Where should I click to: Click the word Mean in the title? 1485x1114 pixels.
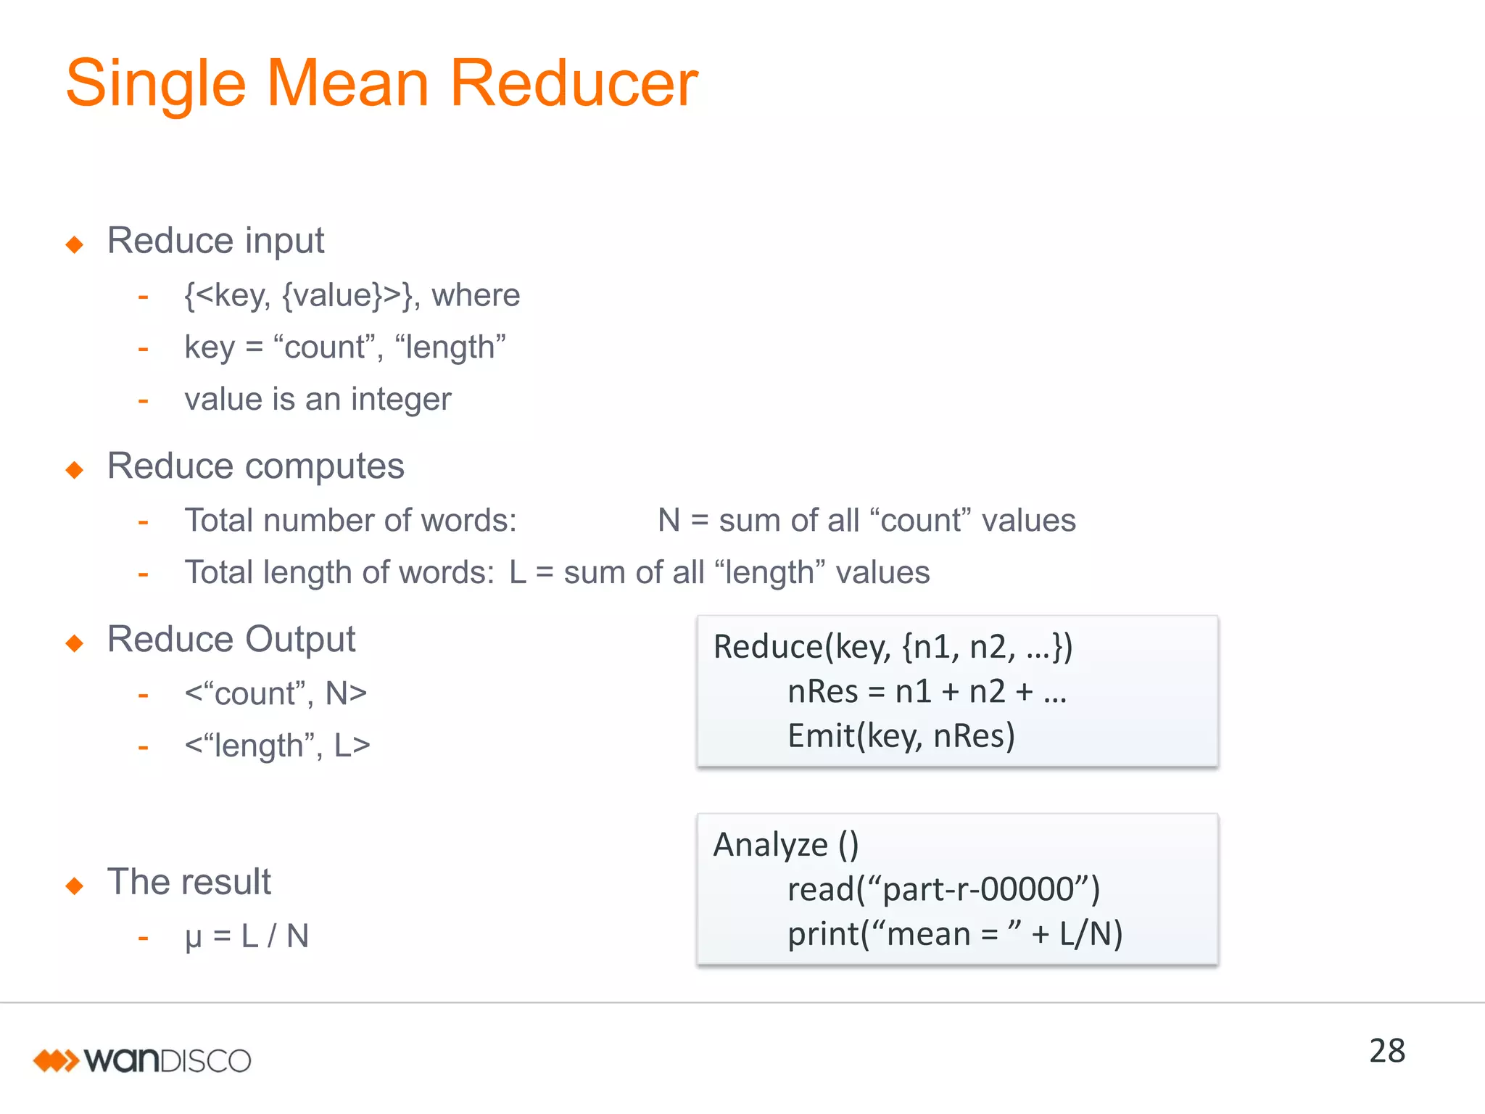coord(347,83)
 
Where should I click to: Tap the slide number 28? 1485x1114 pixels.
coord(1386,1051)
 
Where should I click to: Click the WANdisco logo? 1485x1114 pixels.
coord(142,1060)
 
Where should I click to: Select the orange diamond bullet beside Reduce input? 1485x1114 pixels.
coord(74,244)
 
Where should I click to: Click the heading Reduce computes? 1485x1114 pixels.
coord(255,466)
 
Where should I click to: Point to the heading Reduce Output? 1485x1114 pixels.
coord(231,640)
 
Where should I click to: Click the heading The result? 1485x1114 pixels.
coord(189,882)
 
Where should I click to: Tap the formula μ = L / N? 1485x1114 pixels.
coord(247,936)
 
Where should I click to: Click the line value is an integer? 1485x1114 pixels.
coord(318,400)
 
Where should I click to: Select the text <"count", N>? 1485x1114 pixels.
coord(276,694)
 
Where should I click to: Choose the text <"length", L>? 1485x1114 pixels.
coord(277,746)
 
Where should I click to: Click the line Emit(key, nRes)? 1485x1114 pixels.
coord(901,736)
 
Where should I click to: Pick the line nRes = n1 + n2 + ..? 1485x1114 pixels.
coord(927,691)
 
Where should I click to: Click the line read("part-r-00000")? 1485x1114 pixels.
coord(943,889)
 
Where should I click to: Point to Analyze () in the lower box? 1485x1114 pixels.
coord(786,845)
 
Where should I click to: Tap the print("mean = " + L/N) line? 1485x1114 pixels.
coord(955,934)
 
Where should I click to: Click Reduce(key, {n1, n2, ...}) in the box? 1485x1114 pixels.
coord(893,647)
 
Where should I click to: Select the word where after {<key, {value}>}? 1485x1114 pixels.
coord(476,296)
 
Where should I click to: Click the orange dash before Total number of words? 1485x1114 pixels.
coord(144,521)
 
